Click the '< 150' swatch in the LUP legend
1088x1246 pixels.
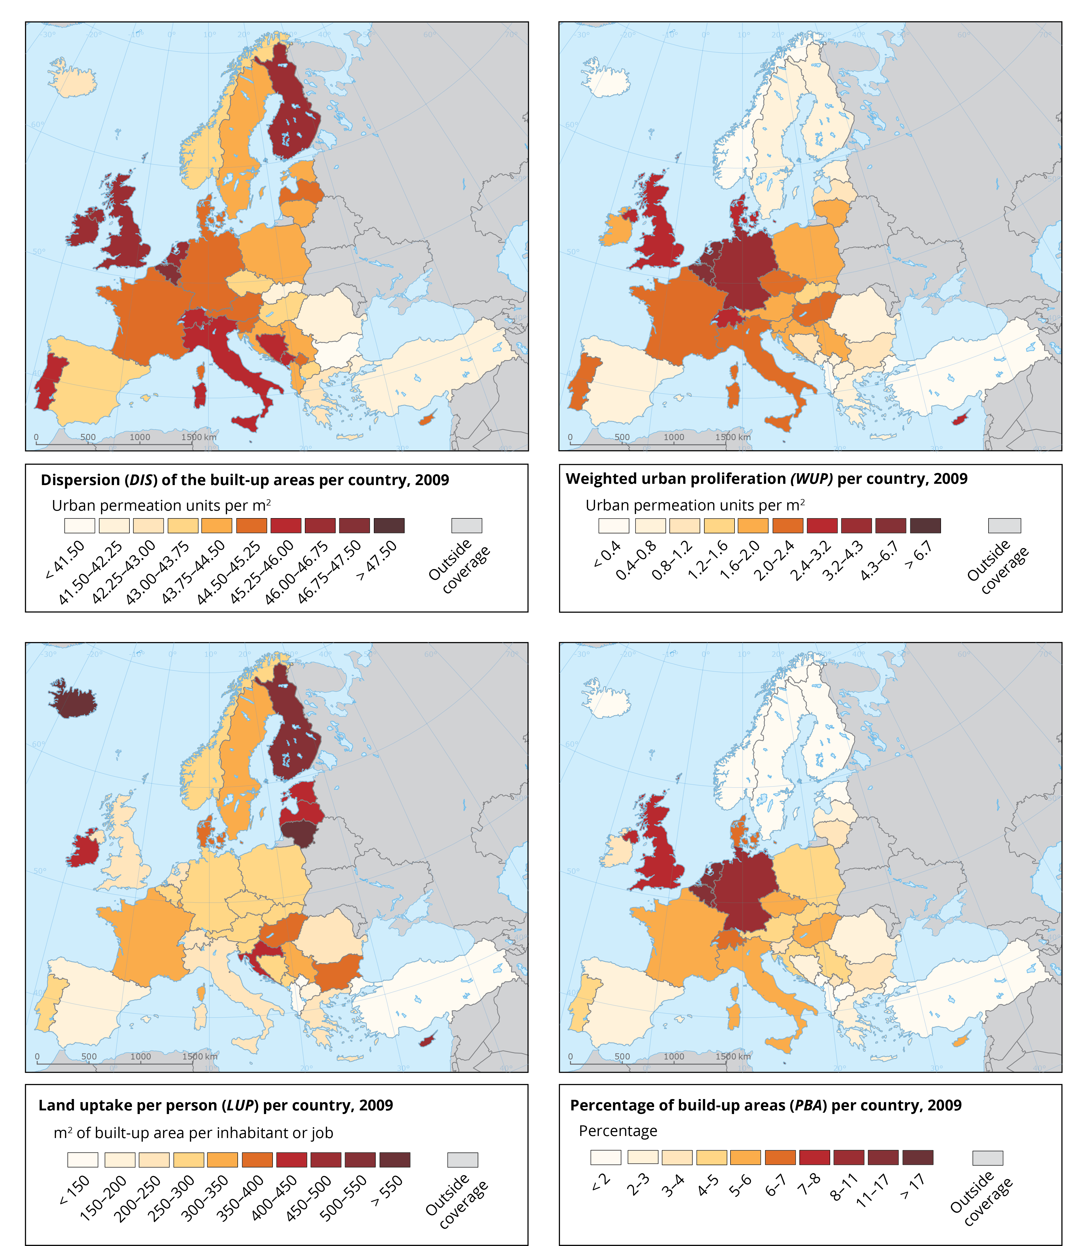(x=83, y=1160)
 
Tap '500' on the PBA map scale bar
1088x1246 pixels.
(x=622, y=1057)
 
